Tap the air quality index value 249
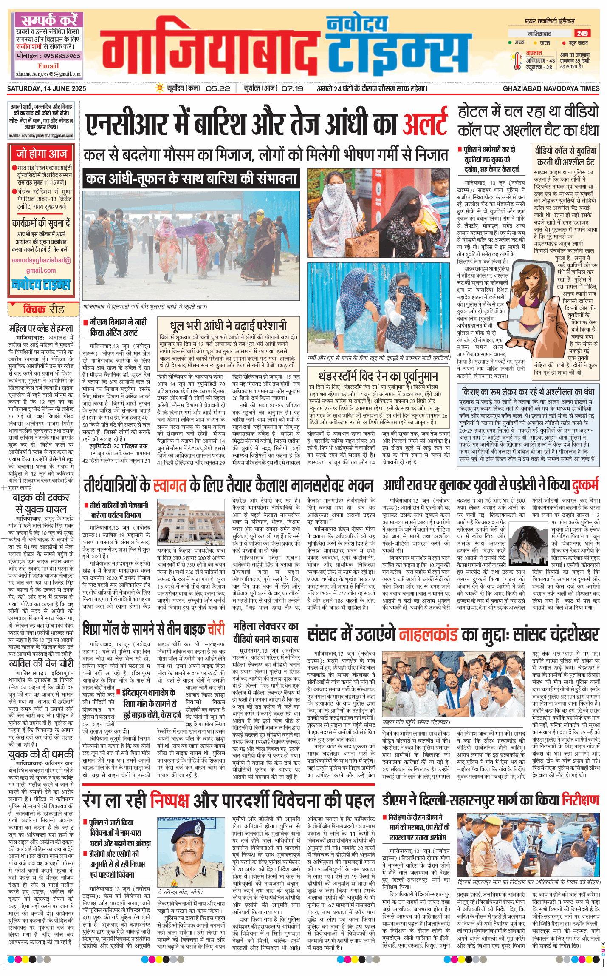click(582, 34)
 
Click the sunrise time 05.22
click(218, 88)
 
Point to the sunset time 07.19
click(292, 88)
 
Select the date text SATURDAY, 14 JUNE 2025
click(46, 88)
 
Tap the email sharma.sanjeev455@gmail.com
click(48, 74)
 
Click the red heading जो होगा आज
click(42, 154)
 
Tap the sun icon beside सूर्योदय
click(160, 88)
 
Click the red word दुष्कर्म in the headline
click(584, 485)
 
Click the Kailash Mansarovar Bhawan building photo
click(191, 522)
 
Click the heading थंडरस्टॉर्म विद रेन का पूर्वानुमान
click(378, 376)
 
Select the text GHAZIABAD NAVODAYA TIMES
click(551, 88)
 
